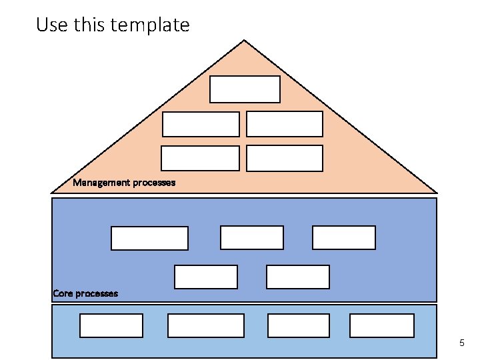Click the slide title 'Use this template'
click(113, 25)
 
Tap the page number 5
click(461, 343)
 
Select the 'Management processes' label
click(124, 183)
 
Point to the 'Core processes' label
click(85, 293)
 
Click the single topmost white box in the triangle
click(245, 89)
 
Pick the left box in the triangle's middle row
click(201, 124)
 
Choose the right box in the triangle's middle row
click(285, 124)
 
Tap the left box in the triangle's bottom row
click(200, 159)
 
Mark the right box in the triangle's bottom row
click(285, 159)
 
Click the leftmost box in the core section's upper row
click(149, 239)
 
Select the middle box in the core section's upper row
click(252, 238)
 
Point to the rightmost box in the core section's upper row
click(344, 238)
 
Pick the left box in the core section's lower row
click(206, 277)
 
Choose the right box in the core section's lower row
click(298, 277)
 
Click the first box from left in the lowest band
click(111, 325)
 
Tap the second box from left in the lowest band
click(206, 325)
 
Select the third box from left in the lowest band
click(299, 325)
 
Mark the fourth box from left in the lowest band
click(382, 325)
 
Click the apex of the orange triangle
click(245, 41)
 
